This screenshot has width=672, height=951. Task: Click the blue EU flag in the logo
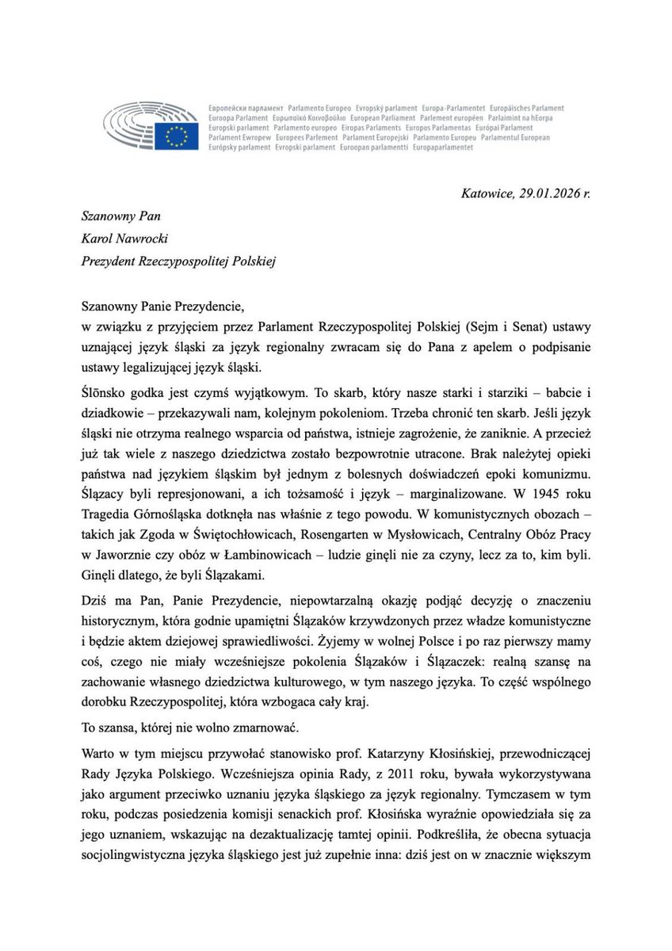[177, 134]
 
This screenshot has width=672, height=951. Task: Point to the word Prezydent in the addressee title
[109, 261]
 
